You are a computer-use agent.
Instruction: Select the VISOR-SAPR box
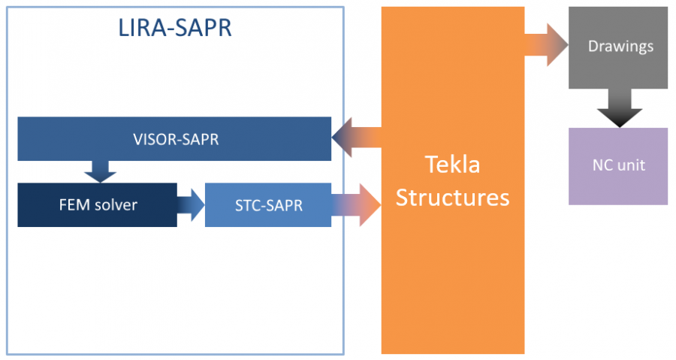[x=174, y=138]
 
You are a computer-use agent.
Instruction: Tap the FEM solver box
[x=98, y=204]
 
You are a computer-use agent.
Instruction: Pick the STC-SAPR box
[x=267, y=204]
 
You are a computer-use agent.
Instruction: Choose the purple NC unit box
[x=617, y=166]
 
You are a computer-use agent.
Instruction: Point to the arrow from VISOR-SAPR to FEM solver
[x=100, y=171]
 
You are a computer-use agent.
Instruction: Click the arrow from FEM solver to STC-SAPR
[x=191, y=204]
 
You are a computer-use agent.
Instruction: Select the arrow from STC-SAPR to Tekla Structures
[x=356, y=204]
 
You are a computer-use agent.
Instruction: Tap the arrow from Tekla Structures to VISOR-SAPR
[x=356, y=138]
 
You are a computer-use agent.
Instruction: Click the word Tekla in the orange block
[x=452, y=165]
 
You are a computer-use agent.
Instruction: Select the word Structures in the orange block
[x=453, y=197]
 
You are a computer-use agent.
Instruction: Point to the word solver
[x=116, y=204]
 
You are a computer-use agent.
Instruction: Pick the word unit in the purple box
[x=631, y=166]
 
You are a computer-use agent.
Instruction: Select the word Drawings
[x=620, y=47]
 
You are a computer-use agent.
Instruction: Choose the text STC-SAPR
[x=267, y=204]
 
